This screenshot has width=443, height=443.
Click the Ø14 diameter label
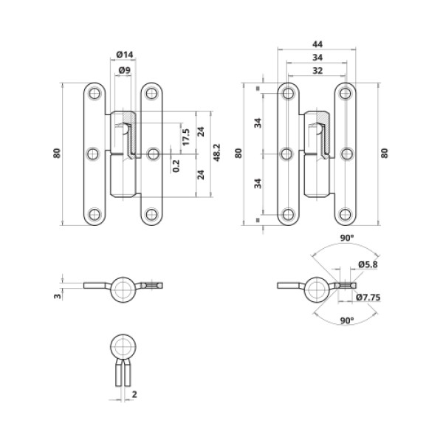(124, 55)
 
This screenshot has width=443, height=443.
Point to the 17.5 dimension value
(185, 136)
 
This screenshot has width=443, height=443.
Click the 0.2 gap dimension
(175, 165)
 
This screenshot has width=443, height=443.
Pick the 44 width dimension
(317, 44)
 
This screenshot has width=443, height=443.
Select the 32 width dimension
(317, 72)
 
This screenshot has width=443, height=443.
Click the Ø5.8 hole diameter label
(367, 264)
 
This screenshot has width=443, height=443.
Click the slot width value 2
(134, 395)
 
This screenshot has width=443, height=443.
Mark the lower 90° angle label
(346, 320)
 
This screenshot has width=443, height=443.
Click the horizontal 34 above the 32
(317, 58)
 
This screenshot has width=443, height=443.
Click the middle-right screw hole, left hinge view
(152, 154)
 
